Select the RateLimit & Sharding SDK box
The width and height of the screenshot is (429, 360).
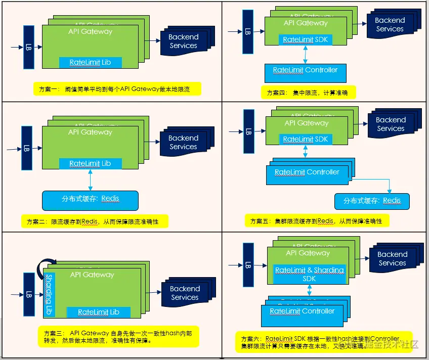click(310, 275)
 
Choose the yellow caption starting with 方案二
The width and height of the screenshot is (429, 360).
click(95, 221)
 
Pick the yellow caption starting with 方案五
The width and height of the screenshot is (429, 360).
click(314, 221)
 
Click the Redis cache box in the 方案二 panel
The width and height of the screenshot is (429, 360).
click(90, 199)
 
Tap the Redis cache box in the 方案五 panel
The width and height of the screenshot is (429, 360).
click(372, 201)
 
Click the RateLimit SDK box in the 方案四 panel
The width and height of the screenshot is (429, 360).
click(305, 40)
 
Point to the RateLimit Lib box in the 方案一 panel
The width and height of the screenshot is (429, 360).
click(90, 63)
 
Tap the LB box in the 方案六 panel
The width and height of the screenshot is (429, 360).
click(248, 265)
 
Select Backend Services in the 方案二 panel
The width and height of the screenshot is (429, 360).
click(183, 143)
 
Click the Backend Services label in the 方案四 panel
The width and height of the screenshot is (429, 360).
click(390, 25)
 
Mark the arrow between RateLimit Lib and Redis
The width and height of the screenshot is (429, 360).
click(90, 179)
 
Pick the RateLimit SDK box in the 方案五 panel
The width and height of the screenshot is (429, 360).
click(305, 139)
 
